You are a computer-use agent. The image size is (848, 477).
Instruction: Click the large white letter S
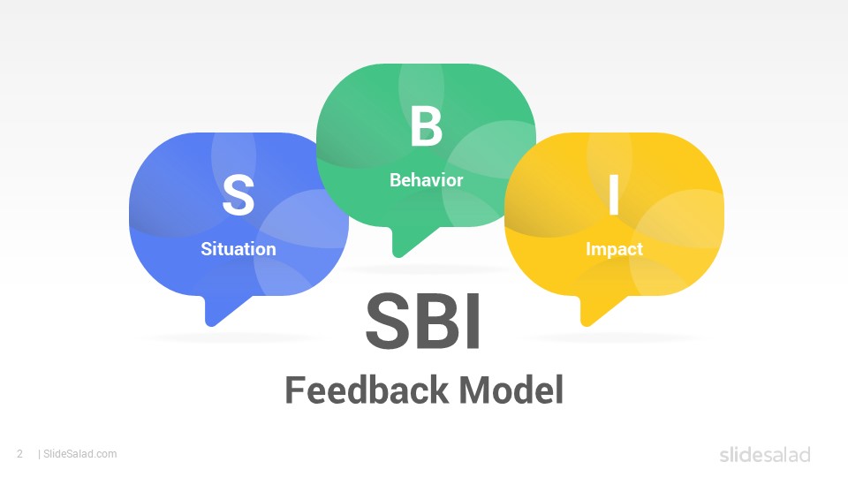(238, 194)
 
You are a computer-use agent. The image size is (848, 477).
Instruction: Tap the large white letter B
(426, 126)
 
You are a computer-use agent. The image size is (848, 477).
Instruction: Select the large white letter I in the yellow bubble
(614, 194)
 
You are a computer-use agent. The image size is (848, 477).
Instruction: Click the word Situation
(238, 249)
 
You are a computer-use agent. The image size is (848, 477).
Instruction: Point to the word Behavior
(426, 179)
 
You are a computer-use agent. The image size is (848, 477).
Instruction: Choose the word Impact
(615, 249)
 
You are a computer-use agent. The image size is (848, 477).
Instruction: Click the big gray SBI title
(423, 322)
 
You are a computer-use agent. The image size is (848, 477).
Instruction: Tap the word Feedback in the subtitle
(367, 390)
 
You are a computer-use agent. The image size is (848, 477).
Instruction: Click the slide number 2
(20, 454)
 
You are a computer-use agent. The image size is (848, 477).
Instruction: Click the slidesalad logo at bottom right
(765, 454)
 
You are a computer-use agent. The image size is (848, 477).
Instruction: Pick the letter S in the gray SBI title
(387, 322)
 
